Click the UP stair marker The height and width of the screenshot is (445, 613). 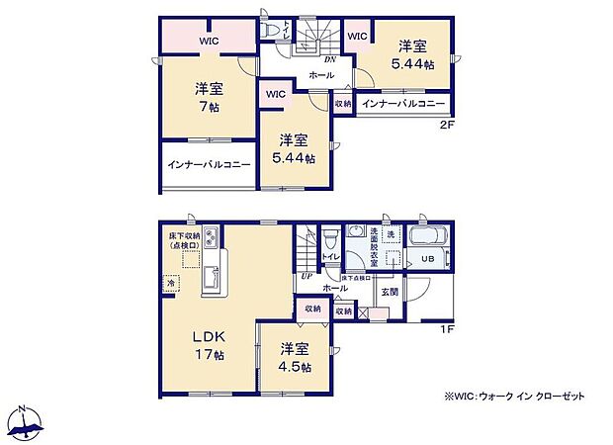(x=306, y=276)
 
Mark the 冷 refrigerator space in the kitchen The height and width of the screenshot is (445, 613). (x=172, y=283)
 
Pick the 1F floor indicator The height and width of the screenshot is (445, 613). (x=446, y=328)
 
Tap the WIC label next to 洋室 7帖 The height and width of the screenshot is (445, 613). (x=209, y=41)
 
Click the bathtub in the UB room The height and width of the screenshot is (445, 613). (x=429, y=238)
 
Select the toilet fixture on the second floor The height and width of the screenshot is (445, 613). (x=273, y=32)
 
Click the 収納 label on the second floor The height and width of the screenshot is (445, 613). (x=342, y=103)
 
